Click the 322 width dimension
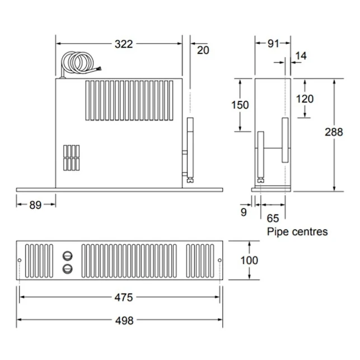[123, 44]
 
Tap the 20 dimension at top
[203, 50]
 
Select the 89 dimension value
[35, 205]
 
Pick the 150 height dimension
[240, 105]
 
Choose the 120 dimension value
[305, 99]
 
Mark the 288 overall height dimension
[334, 132]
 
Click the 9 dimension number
[244, 212]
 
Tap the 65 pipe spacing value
[273, 218]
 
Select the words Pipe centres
[297, 231]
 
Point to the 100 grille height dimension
[249, 260]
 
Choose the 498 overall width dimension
[123, 320]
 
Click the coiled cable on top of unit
[78, 63]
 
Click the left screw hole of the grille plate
[20, 261]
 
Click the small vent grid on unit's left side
[71, 157]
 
